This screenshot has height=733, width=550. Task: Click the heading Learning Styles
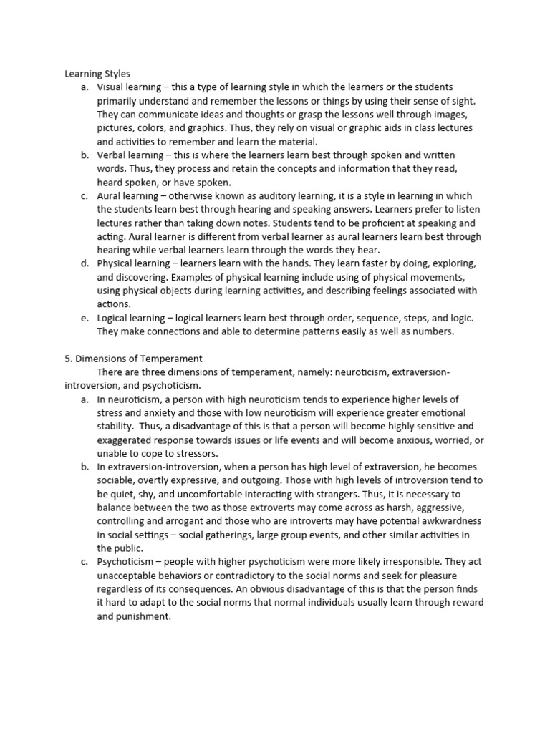click(x=97, y=73)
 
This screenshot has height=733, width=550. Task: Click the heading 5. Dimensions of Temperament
click(x=133, y=359)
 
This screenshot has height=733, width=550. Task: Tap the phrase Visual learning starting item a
click(x=130, y=87)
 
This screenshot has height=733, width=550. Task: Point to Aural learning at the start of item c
click(x=127, y=195)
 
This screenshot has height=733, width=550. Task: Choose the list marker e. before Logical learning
click(x=85, y=318)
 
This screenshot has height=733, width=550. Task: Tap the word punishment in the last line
click(x=145, y=616)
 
